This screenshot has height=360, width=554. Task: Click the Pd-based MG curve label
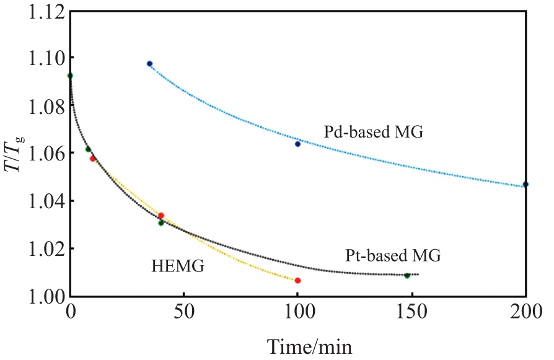click(373, 132)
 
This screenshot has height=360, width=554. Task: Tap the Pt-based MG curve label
click(392, 255)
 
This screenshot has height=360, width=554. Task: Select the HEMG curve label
click(178, 267)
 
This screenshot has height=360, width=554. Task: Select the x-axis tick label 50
click(184, 313)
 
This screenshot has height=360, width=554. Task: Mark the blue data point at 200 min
click(525, 184)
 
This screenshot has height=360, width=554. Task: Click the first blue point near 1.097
click(149, 64)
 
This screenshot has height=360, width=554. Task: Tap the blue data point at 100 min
click(297, 144)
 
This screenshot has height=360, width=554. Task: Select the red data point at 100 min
click(297, 281)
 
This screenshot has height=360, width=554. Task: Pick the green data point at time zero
click(70, 76)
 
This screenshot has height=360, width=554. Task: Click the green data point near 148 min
click(407, 275)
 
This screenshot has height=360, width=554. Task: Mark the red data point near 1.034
click(161, 216)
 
